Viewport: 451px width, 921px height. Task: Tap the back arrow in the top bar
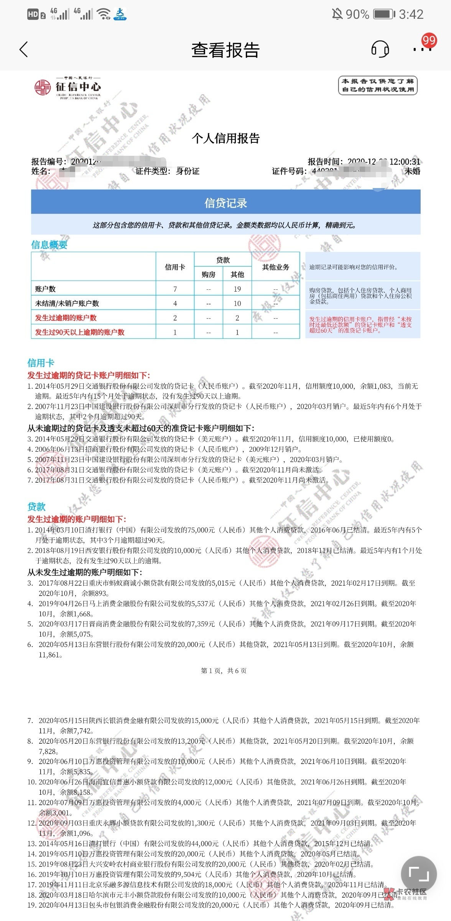(x=24, y=50)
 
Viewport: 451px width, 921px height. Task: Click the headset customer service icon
(x=380, y=50)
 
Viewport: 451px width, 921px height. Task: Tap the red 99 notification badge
(x=429, y=40)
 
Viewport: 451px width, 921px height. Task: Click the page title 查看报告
(x=225, y=50)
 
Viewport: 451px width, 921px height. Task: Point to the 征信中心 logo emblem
(x=43, y=87)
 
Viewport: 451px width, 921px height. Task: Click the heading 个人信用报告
(x=225, y=138)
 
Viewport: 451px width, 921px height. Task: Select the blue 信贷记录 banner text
(x=225, y=203)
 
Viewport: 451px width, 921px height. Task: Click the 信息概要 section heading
(x=49, y=245)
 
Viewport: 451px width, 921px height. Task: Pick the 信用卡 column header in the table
(x=175, y=267)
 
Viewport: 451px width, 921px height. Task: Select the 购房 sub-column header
(x=208, y=274)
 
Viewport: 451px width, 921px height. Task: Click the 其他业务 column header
(x=275, y=267)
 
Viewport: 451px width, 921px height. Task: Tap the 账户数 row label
(x=45, y=289)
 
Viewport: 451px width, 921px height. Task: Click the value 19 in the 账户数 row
(x=237, y=289)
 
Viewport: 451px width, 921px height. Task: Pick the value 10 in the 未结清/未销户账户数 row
(x=237, y=304)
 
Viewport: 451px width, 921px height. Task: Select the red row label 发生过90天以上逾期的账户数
(x=80, y=332)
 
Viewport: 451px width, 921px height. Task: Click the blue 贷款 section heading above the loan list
(x=36, y=507)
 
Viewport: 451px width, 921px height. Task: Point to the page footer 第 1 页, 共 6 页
(x=224, y=670)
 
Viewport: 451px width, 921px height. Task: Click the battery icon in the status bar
(x=384, y=15)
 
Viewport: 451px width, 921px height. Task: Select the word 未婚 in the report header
(x=412, y=171)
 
